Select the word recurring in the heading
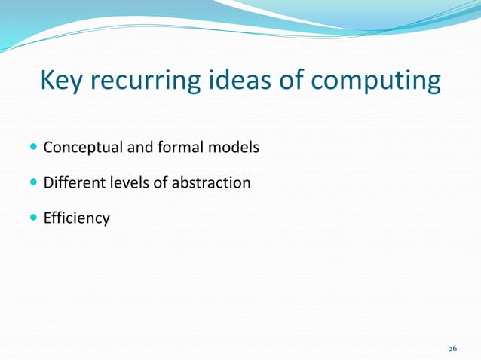point(142,81)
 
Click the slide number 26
point(452,349)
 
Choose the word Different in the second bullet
point(72,183)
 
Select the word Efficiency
point(76,219)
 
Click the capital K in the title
point(47,81)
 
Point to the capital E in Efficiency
point(47,218)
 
